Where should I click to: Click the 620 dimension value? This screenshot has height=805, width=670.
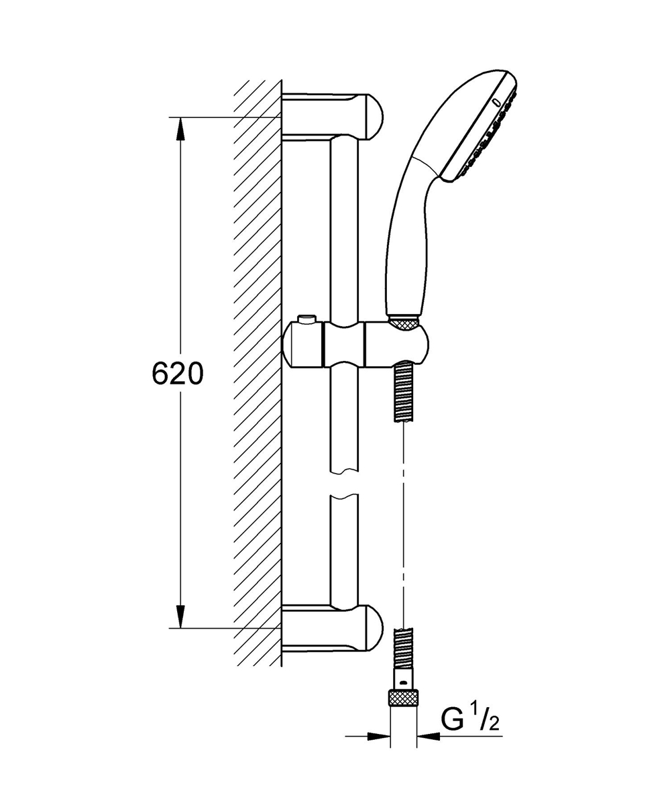click(177, 374)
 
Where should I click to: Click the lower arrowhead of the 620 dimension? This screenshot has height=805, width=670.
click(180, 616)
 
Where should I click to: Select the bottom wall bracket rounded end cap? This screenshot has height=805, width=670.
click(372, 628)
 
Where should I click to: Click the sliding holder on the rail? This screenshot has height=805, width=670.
click(355, 344)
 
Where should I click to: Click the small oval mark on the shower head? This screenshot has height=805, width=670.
click(496, 103)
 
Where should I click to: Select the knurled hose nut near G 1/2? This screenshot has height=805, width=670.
click(404, 698)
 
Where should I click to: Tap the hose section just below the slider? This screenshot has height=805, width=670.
click(404, 392)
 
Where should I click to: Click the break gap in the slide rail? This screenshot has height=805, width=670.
click(345, 485)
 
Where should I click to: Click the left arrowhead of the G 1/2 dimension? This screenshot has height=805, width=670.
click(382, 736)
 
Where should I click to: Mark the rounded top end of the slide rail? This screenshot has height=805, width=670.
click(345, 140)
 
